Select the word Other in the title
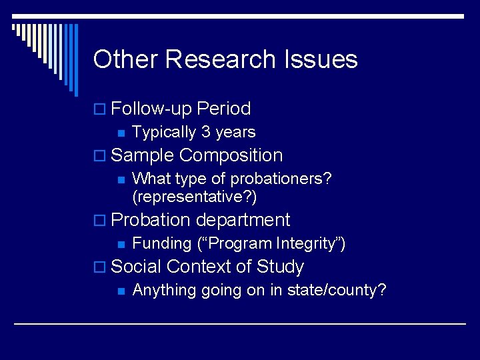tap(126, 59)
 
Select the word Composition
tap(231, 155)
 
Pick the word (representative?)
tap(195, 197)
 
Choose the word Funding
tap(162, 243)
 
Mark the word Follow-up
tap(151, 109)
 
